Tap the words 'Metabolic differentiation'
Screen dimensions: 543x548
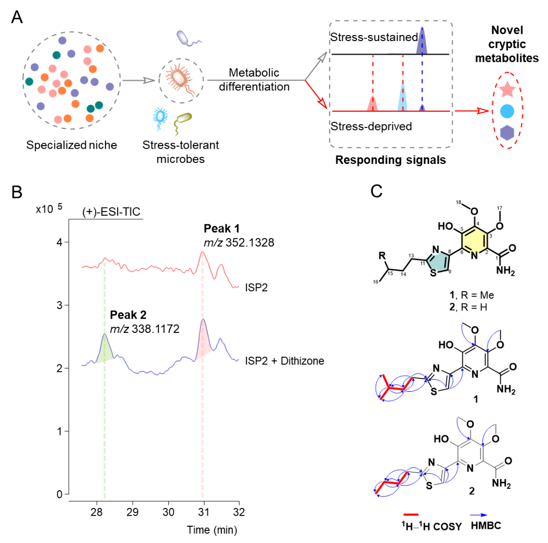[x=259, y=80]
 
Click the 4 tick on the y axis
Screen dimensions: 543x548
[x=59, y=243]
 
